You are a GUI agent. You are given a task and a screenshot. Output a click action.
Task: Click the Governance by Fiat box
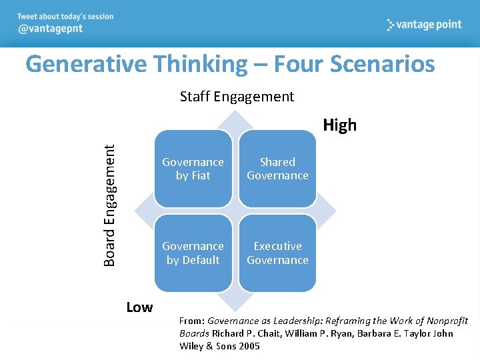pos(193,169)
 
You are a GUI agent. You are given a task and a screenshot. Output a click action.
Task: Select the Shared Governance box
pos(277,169)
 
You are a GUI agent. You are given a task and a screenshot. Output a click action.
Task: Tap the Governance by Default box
pos(193,253)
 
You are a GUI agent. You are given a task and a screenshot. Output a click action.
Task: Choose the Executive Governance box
pos(277,253)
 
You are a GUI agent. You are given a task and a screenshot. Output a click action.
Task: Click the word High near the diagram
pos(339,125)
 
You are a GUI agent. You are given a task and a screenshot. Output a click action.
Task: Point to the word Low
pos(139,307)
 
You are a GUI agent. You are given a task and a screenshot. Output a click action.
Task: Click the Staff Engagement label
pos(237,97)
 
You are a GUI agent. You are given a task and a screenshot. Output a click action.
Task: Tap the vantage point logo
pos(424,25)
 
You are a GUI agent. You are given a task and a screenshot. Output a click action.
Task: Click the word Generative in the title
pos(88,65)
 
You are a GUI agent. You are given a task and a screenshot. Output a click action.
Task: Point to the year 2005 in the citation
pos(247,346)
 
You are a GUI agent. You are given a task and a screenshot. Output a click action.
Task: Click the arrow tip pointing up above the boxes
pos(235,115)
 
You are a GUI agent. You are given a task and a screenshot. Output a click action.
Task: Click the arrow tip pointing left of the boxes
pos(138,211)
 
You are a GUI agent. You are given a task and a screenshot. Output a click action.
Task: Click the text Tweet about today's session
pos(65,17)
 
